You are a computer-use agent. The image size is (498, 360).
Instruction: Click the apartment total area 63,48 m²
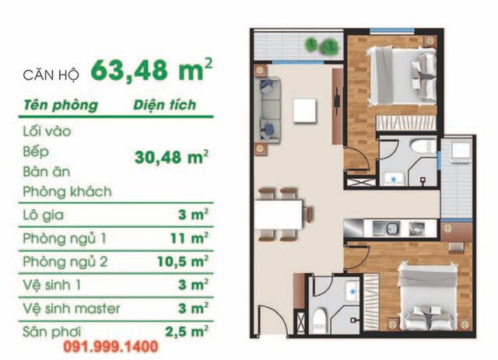(x=152, y=71)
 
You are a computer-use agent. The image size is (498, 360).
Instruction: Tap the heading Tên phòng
(x=61, y=106)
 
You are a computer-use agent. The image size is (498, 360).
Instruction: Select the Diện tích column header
(x=164, y=105)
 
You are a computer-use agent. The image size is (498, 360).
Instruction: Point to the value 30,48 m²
(x=171, y=157)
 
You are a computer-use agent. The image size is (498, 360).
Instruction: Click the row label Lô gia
(x=44, y=215)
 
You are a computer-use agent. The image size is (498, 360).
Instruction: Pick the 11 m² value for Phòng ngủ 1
(x=189, y=238)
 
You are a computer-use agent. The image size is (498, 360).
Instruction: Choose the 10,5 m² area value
(x=183, y=261)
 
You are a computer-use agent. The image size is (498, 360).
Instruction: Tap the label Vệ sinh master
(x=72, y=309)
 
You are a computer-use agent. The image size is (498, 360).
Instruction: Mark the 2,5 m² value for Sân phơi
(x=187, y=331)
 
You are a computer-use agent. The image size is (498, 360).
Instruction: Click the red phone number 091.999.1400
(x=110, y=347)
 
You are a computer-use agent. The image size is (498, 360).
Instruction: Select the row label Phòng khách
(x=68, y=192)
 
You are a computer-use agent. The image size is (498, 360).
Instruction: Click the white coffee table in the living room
(x=304, y=110)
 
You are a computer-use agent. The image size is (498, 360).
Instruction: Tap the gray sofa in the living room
(x=270, y=110)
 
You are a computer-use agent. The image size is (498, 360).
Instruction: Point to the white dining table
(x=279, y=215)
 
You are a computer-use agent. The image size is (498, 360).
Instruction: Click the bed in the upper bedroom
(x=403, y=75)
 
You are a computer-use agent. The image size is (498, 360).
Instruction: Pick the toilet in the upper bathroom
(x=423, y=147)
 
